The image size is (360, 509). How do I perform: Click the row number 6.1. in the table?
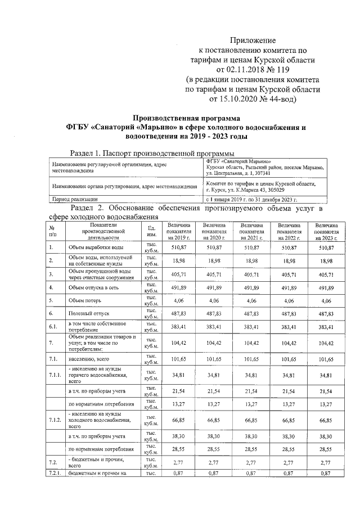(x=53, y=327)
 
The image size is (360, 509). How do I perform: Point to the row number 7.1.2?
(x=55, y=420)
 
